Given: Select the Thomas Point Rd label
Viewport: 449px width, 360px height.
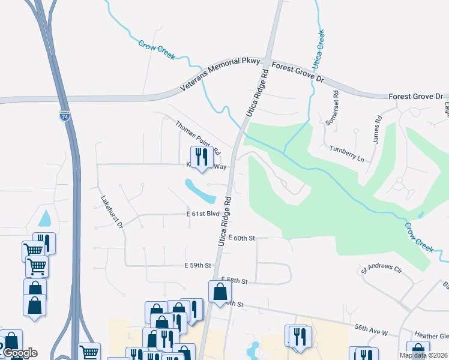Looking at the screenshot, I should click(x=197, y=137).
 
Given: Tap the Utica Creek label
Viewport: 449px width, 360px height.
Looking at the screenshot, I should click(x=318, y=48).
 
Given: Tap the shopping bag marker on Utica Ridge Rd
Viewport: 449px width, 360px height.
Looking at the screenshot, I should click(x=220, y=292).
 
